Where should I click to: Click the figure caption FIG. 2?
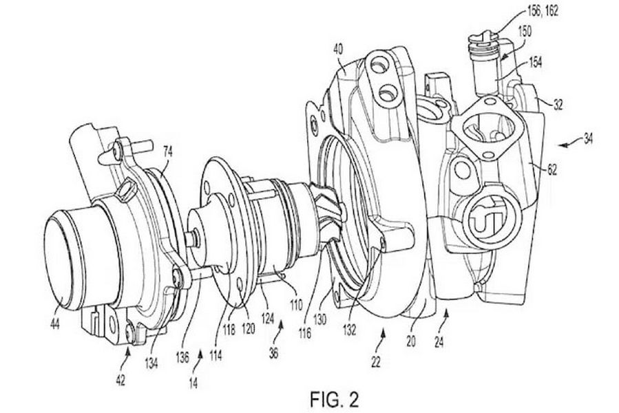pyautogui.click(x=335, y=399)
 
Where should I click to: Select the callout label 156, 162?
pyautogui.click(x=543, y=10)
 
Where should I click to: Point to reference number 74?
pyautogui.click(x=168, y=151)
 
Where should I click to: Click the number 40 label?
pyautogui.click(x=338, y=49)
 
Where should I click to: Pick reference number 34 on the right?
pyautogui.click(x=588, y=139)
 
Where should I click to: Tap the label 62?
pyautogui.click(x=552, y=170)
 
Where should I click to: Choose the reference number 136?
pyautogui.click(x=182, y=357)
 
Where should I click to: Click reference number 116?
pyautogui.click(x=305, y=334)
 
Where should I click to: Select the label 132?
pyautogui.click(x=350, y=329)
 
